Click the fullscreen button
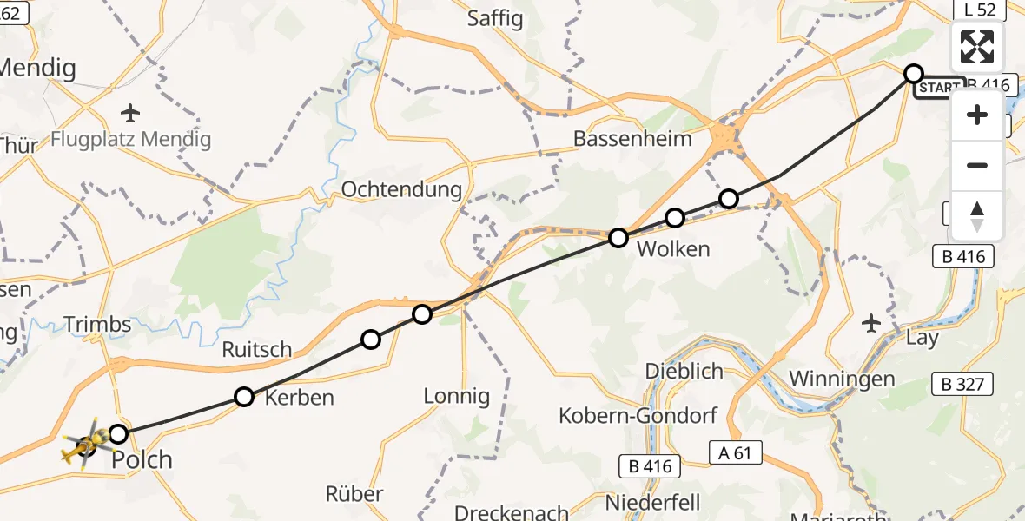pyautogui.click(x=977, y=47)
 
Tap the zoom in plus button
pyautogui.click(x=977, y=115)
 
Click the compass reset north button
pyautogui.click(x=977, y=215)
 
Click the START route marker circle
pyautogui.click(x=913, y=74)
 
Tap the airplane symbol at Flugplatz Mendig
pyautogui.click(x=130, y=113)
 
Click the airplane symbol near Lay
pyautogui.click(x=871, y=323)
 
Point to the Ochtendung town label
pyautogui.click(x=401, y=189)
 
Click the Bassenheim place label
pyautogui.click(x=632, y=138)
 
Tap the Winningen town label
pyautogui.click(x=842, y=379)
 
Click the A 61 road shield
pyautogui.click(x=735, y=452)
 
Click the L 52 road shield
pyautogui.click(x=978, y=10)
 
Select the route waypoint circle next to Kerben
pyautogui.click(x=244, y=397)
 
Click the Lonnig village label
pyautogui.click(x=457, y=396)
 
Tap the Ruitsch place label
pyautogui.click(x=257, y=349)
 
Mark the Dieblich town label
pyautogui.click(x=684, y=371)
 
